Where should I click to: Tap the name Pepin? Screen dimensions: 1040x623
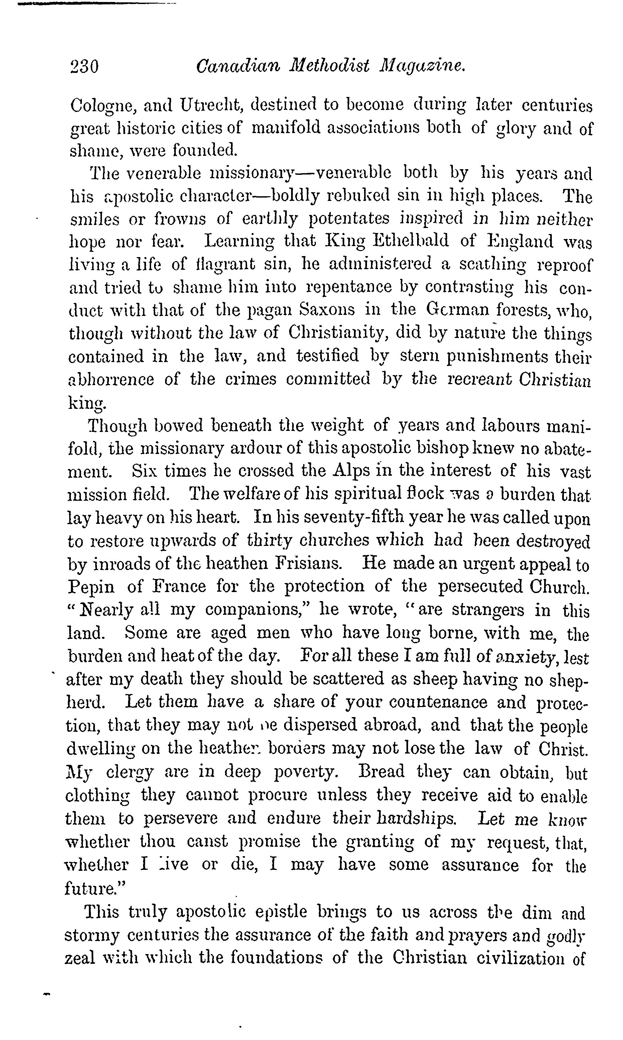coord(91,587)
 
